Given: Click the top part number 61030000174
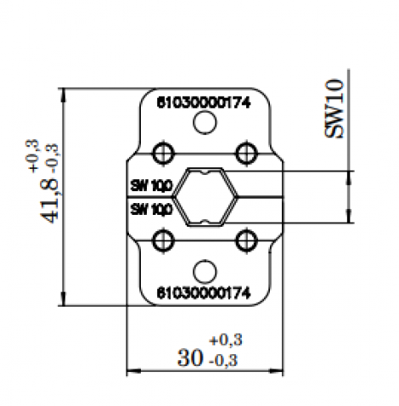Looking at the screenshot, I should point(203,101).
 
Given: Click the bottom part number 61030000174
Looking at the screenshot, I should point(203,293).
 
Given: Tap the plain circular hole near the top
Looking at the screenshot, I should point(204,124).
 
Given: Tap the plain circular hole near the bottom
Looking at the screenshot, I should point(204,271).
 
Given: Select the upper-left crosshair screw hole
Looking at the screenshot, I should point(161,153).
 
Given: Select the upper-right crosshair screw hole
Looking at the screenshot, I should point(246,153).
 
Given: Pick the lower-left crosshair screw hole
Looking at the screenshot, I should point(161,240).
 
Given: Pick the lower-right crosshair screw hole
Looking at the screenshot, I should point(246,240).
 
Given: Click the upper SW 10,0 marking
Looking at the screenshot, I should point(151,184).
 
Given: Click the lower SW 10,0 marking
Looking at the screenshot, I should point(151,208).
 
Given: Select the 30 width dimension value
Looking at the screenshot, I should point(189,359).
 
